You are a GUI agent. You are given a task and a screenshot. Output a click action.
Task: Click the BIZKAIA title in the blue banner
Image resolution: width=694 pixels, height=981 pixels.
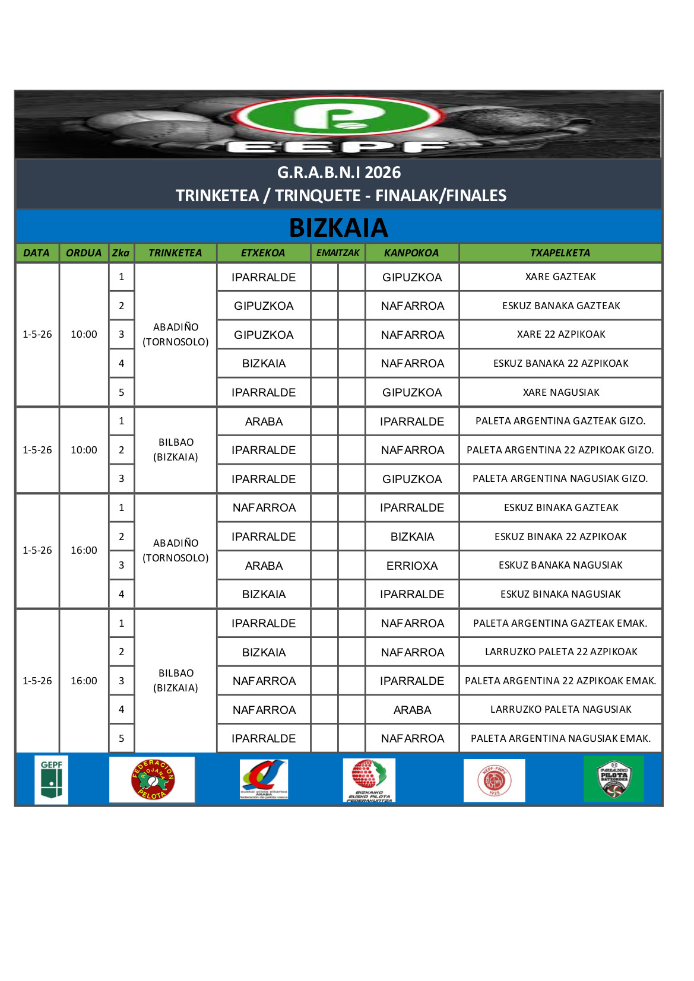tap(338, 228)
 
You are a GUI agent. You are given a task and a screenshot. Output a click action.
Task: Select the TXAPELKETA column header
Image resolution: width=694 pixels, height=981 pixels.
tap(560, 253)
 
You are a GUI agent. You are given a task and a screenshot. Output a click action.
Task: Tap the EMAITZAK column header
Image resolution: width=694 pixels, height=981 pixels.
tap(338, 253)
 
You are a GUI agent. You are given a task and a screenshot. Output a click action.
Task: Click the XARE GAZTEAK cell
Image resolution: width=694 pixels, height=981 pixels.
tap(560, 277)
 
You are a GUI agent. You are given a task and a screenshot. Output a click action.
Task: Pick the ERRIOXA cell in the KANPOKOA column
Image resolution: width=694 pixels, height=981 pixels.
tap(412, 566)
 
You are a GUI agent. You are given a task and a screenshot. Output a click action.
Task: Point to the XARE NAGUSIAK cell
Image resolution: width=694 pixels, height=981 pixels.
tap(560, 392)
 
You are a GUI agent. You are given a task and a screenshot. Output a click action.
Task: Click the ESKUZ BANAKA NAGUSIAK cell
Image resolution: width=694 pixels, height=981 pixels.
tap(560, 565)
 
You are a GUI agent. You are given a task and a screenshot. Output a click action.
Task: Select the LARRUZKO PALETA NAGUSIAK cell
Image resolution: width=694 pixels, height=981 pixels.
tap(560, 709)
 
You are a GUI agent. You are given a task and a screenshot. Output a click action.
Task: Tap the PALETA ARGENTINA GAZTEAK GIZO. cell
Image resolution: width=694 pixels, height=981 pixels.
tap(560, 421)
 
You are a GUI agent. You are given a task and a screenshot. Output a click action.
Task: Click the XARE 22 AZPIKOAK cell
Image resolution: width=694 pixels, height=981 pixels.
tap(560, 334)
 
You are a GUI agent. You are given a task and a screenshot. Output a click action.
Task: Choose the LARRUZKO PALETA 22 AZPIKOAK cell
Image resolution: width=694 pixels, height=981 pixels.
tap(560, 652)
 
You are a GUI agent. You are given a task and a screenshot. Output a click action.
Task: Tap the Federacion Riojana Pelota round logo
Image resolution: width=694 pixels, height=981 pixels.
tap(153, 779)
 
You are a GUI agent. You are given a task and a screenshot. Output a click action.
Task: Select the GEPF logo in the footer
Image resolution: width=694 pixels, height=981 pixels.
tap(52, 780)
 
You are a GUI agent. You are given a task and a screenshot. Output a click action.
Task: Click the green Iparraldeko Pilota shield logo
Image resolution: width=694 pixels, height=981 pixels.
tap(613, 779)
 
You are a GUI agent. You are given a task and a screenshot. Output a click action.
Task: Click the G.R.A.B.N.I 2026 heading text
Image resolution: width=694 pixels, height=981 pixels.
tap(339, 173)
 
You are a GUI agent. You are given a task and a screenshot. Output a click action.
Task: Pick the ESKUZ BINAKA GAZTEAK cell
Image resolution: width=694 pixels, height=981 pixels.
tap(560, 507)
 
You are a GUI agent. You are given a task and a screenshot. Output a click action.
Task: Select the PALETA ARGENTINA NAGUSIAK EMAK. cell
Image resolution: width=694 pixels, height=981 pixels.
tap(560, 738)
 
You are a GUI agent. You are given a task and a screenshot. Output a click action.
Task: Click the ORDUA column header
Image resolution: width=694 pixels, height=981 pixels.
tap(84, 253)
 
